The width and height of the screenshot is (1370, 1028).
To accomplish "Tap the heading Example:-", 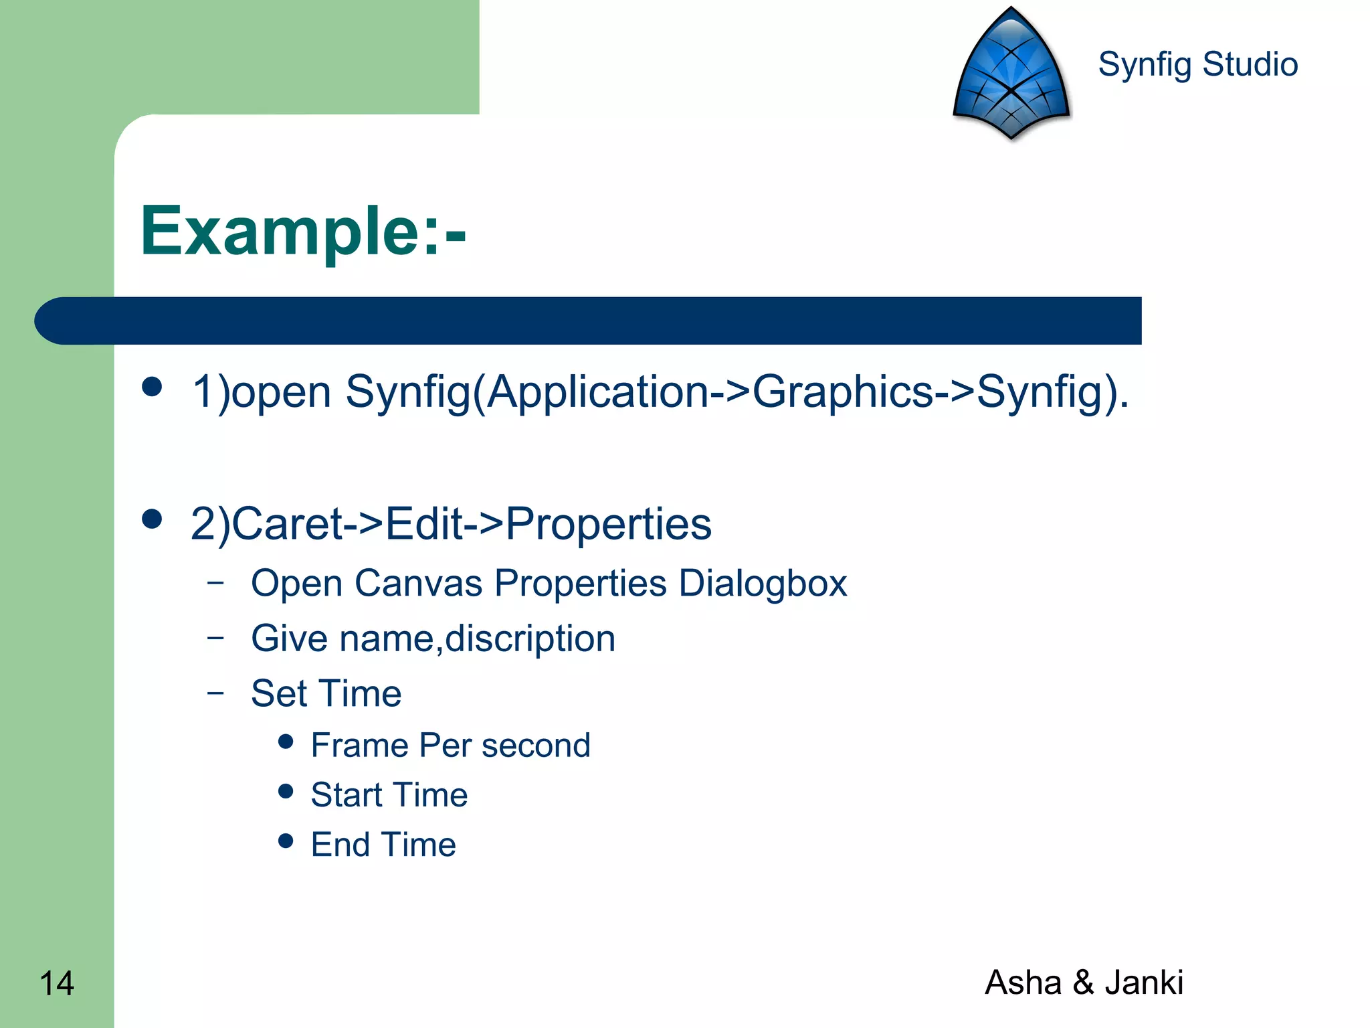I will [x=303, y=231].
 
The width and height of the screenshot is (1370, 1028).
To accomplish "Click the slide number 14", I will [x=57, y=983].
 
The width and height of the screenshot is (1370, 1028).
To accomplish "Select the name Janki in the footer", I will [x=1143, y=982].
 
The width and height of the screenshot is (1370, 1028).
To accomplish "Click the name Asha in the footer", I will [x=1023, y=982].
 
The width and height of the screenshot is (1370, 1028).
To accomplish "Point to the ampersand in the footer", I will [x=1083, y=982].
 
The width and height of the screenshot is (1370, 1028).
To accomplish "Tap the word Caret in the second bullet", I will [x=288, y=523].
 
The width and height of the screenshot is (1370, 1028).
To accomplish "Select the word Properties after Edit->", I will [x=608, y=525].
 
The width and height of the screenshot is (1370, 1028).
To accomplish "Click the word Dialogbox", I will [x=763, y=584].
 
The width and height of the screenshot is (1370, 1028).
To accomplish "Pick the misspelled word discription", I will [x=530, y=638].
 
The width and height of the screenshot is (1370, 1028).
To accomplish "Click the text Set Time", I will [x=326, y=693].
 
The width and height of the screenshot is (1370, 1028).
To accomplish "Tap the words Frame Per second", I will [x=450, y=746].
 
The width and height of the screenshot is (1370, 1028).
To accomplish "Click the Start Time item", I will [x=389, y=795].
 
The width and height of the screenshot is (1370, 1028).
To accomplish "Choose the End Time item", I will [x=383, y=845].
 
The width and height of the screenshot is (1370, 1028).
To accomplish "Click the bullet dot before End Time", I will [x=286, y=841].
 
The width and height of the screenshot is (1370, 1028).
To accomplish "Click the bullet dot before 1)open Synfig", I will [x=153, y=387].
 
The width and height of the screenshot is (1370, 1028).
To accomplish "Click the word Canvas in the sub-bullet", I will [x=418, y=583].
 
